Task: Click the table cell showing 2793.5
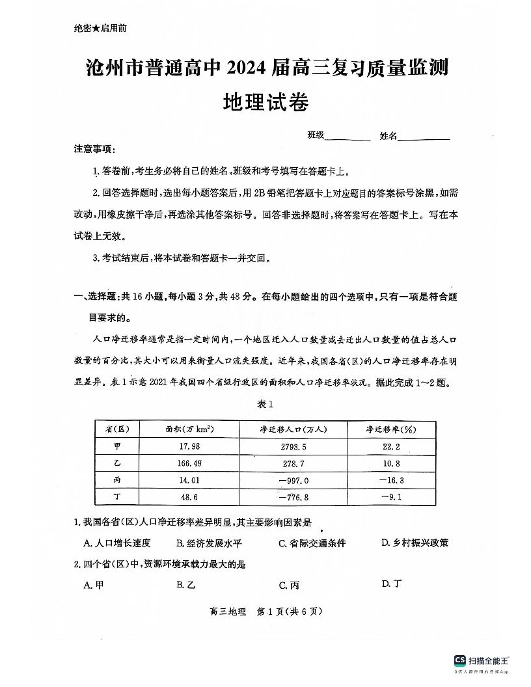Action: pyautogui.click(x=292, y=446)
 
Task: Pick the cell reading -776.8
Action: pyautogui.click(x=292, y=497)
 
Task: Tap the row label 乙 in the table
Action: pyautogui.click(x=117, y=463)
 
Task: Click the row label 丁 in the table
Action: pyautogui.click(x=117, y=497)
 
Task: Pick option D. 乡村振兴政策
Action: pyautogui.click(x=415, y=543)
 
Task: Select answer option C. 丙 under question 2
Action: pyautogui.click(x=290, y=585)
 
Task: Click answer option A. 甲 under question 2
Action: pyautogui.click(x=94, y=585)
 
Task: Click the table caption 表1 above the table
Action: pyautogui.click(x=265, y=404)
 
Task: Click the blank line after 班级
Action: pyautogui.click(x=347, y=136)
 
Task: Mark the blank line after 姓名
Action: pyautogui.click(x=424, y=136)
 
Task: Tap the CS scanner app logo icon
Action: pyautogui.click(x=460, y=660)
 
